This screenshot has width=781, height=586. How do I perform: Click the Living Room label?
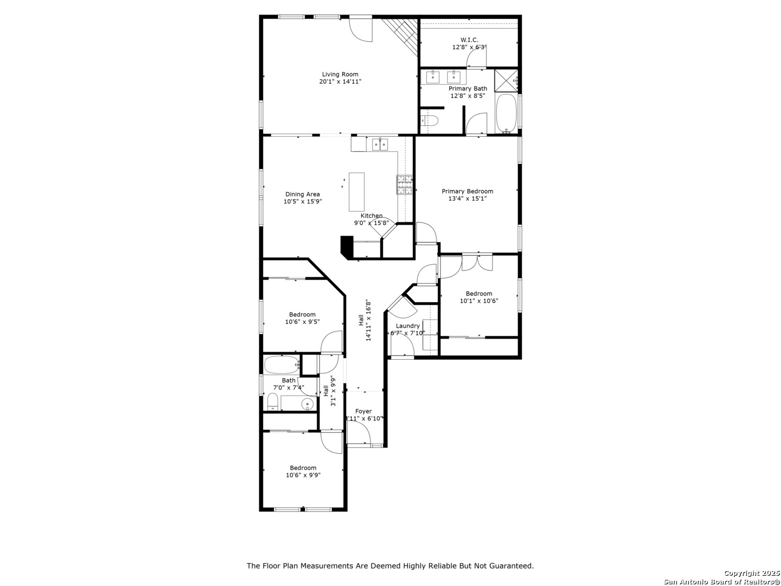tap(340, 74)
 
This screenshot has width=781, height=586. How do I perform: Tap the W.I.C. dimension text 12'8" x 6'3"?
tap(469, 47)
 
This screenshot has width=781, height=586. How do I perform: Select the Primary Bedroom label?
tap(467, 191)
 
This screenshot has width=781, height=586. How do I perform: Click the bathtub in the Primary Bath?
tap(506, 113)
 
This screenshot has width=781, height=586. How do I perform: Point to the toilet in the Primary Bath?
tap(429, 121)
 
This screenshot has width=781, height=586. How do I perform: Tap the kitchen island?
tap(356, 192)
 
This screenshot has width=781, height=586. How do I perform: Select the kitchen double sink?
tap(380, 144)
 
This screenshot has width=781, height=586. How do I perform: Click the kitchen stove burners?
tap(405, 184)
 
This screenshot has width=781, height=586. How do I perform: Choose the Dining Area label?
tap(303, 194)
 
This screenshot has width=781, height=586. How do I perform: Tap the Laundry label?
tap(407, 326)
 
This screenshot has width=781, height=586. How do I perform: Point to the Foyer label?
tap(363, 411)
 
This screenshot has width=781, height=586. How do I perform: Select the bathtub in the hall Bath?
tap(282, 365)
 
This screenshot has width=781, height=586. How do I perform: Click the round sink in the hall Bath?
tap(308, 405)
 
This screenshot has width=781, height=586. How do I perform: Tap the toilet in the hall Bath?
tap(273, 402)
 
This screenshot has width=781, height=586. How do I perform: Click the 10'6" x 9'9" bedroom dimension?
tap(303, 475)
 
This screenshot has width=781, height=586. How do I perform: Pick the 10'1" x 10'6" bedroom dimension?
tap(479, 301)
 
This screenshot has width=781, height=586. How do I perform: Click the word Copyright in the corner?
tap(740, 573)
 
